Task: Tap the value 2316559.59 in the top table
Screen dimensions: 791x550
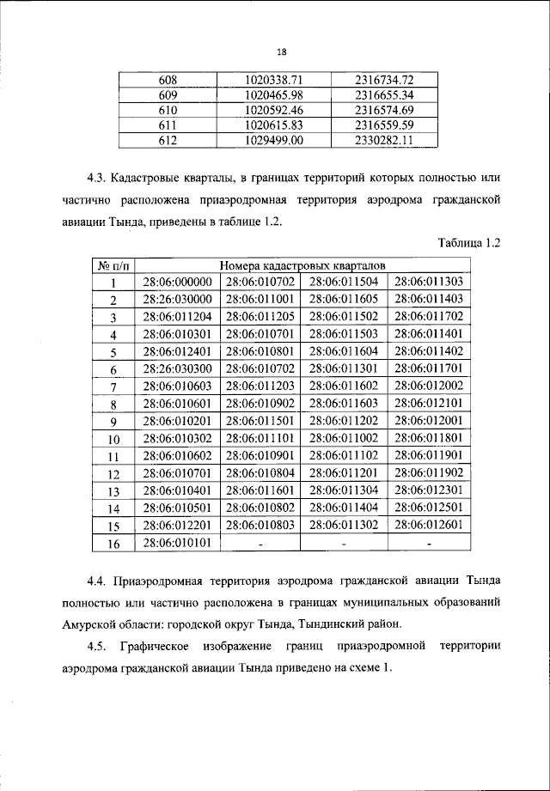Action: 384,125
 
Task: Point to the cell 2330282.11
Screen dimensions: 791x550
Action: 384,140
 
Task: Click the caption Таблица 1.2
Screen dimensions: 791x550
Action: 468,243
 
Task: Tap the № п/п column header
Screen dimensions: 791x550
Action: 113,265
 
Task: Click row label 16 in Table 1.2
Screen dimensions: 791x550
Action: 113,543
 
